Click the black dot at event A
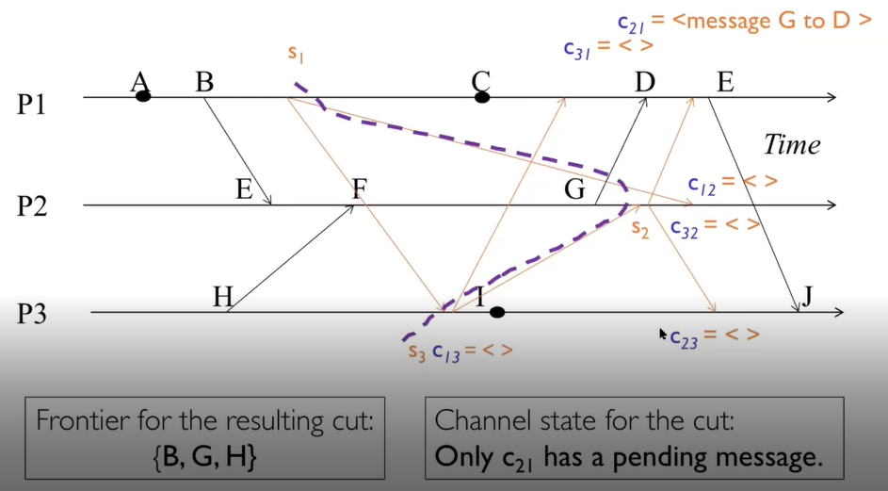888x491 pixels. coord(143,96)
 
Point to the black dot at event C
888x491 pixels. coord(482,97)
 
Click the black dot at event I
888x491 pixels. coord(497,312)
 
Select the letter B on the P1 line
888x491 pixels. coord(204,82)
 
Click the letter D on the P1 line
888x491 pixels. coord(644,83)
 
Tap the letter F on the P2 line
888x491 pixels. coord(359,188)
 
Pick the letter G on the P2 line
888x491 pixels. coord(574,189)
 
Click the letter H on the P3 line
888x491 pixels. coord(222,298)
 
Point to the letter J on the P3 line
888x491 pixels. coord(807,297)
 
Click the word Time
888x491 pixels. coord(791,145)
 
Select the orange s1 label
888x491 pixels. coord(297,55)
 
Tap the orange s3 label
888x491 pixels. coord(416,352)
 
